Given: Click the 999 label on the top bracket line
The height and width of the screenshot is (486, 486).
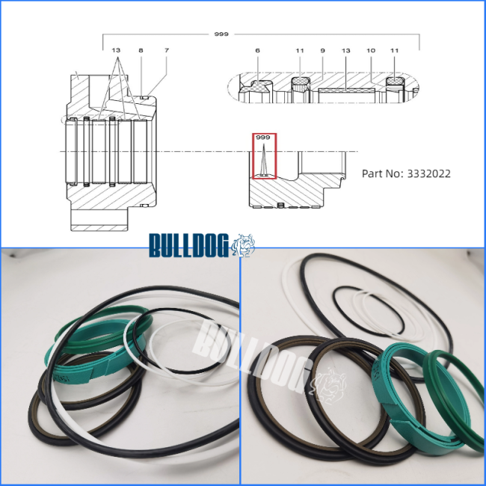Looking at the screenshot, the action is (221, 34).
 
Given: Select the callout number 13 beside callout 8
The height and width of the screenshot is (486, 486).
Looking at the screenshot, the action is (116, 50).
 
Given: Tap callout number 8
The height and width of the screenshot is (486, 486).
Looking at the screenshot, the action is (141, 50).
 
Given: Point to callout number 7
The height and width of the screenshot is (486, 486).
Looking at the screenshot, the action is (167, 50).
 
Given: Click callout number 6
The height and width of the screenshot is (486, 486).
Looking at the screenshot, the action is (257, 51).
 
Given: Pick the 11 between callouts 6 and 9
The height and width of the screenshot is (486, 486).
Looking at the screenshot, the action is (300, 51).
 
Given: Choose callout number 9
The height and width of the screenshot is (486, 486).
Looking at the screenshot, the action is (323, 51).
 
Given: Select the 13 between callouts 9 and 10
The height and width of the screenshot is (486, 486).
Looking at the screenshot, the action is (346, 51).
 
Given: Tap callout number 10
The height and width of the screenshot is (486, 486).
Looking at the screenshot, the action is (371, 51).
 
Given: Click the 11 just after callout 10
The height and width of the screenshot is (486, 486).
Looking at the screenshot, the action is (394, 51).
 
